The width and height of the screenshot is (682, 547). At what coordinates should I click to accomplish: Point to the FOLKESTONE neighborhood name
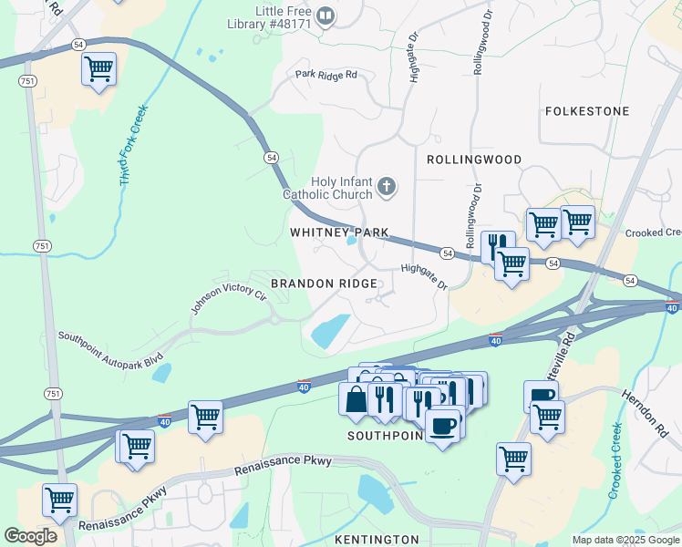point(586,111)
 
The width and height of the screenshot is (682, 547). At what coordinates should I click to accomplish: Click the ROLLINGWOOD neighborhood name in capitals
point(474,160)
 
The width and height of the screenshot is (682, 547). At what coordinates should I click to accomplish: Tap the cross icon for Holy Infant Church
point(387,187)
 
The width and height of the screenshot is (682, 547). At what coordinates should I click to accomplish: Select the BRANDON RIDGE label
point(323,284)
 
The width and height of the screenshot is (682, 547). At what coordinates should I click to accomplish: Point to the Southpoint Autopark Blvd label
point(109,347)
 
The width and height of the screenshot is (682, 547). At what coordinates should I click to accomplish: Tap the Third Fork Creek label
point(133,146)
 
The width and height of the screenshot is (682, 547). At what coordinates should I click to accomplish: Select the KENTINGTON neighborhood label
point(377,540)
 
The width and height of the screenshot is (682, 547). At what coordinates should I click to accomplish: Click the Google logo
point(31,535)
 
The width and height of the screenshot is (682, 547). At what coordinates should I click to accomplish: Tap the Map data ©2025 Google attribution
point(625,540)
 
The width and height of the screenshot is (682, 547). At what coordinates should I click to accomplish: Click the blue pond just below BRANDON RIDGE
point(331,330)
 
